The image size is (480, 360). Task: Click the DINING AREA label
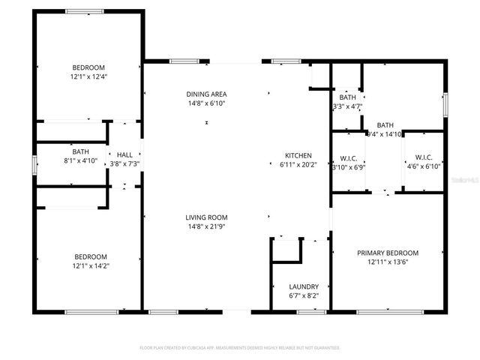coord(206,94)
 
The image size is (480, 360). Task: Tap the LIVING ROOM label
coord(206,217)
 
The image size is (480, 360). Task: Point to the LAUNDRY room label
coord(304,286)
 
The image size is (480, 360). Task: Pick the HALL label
coord(124,154)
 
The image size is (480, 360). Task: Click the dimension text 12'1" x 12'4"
coord(89,76)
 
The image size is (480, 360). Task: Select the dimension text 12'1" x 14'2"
coord(89,265)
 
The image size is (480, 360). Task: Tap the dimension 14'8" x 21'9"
coord(206,226)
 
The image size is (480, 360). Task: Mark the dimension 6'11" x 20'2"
coord(298,164)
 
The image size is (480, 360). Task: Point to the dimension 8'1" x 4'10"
coord(80,160)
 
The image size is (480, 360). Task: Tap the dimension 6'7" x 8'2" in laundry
coord(304,295)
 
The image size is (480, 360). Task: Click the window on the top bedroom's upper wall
coord(84,11)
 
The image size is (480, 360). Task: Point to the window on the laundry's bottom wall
coord(310,310)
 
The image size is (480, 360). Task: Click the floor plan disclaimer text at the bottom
coord(240,348)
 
